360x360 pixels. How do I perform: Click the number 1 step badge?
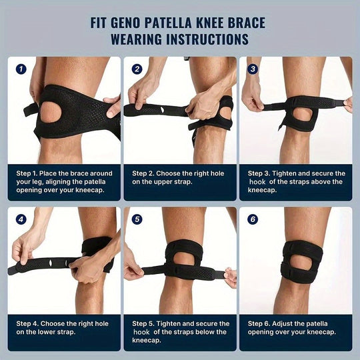pyautogui.click(x=21, y=69)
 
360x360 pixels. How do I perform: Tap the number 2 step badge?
pyautogui.click(x=137, y=69)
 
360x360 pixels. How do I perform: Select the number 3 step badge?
pyautogui.click(x=253, y=69)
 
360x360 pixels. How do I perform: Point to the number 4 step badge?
pyautogui.click(x=21, y=219)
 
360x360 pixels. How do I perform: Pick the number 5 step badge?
pyautogui.click(x=137, y=219)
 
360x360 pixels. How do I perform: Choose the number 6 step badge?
pyautogui.click(x=253, y=219)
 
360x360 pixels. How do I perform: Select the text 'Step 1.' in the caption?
pyautogui.click(x=30, y=173)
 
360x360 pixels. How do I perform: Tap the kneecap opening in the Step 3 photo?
pyautogui.click(x=301, y=115)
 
